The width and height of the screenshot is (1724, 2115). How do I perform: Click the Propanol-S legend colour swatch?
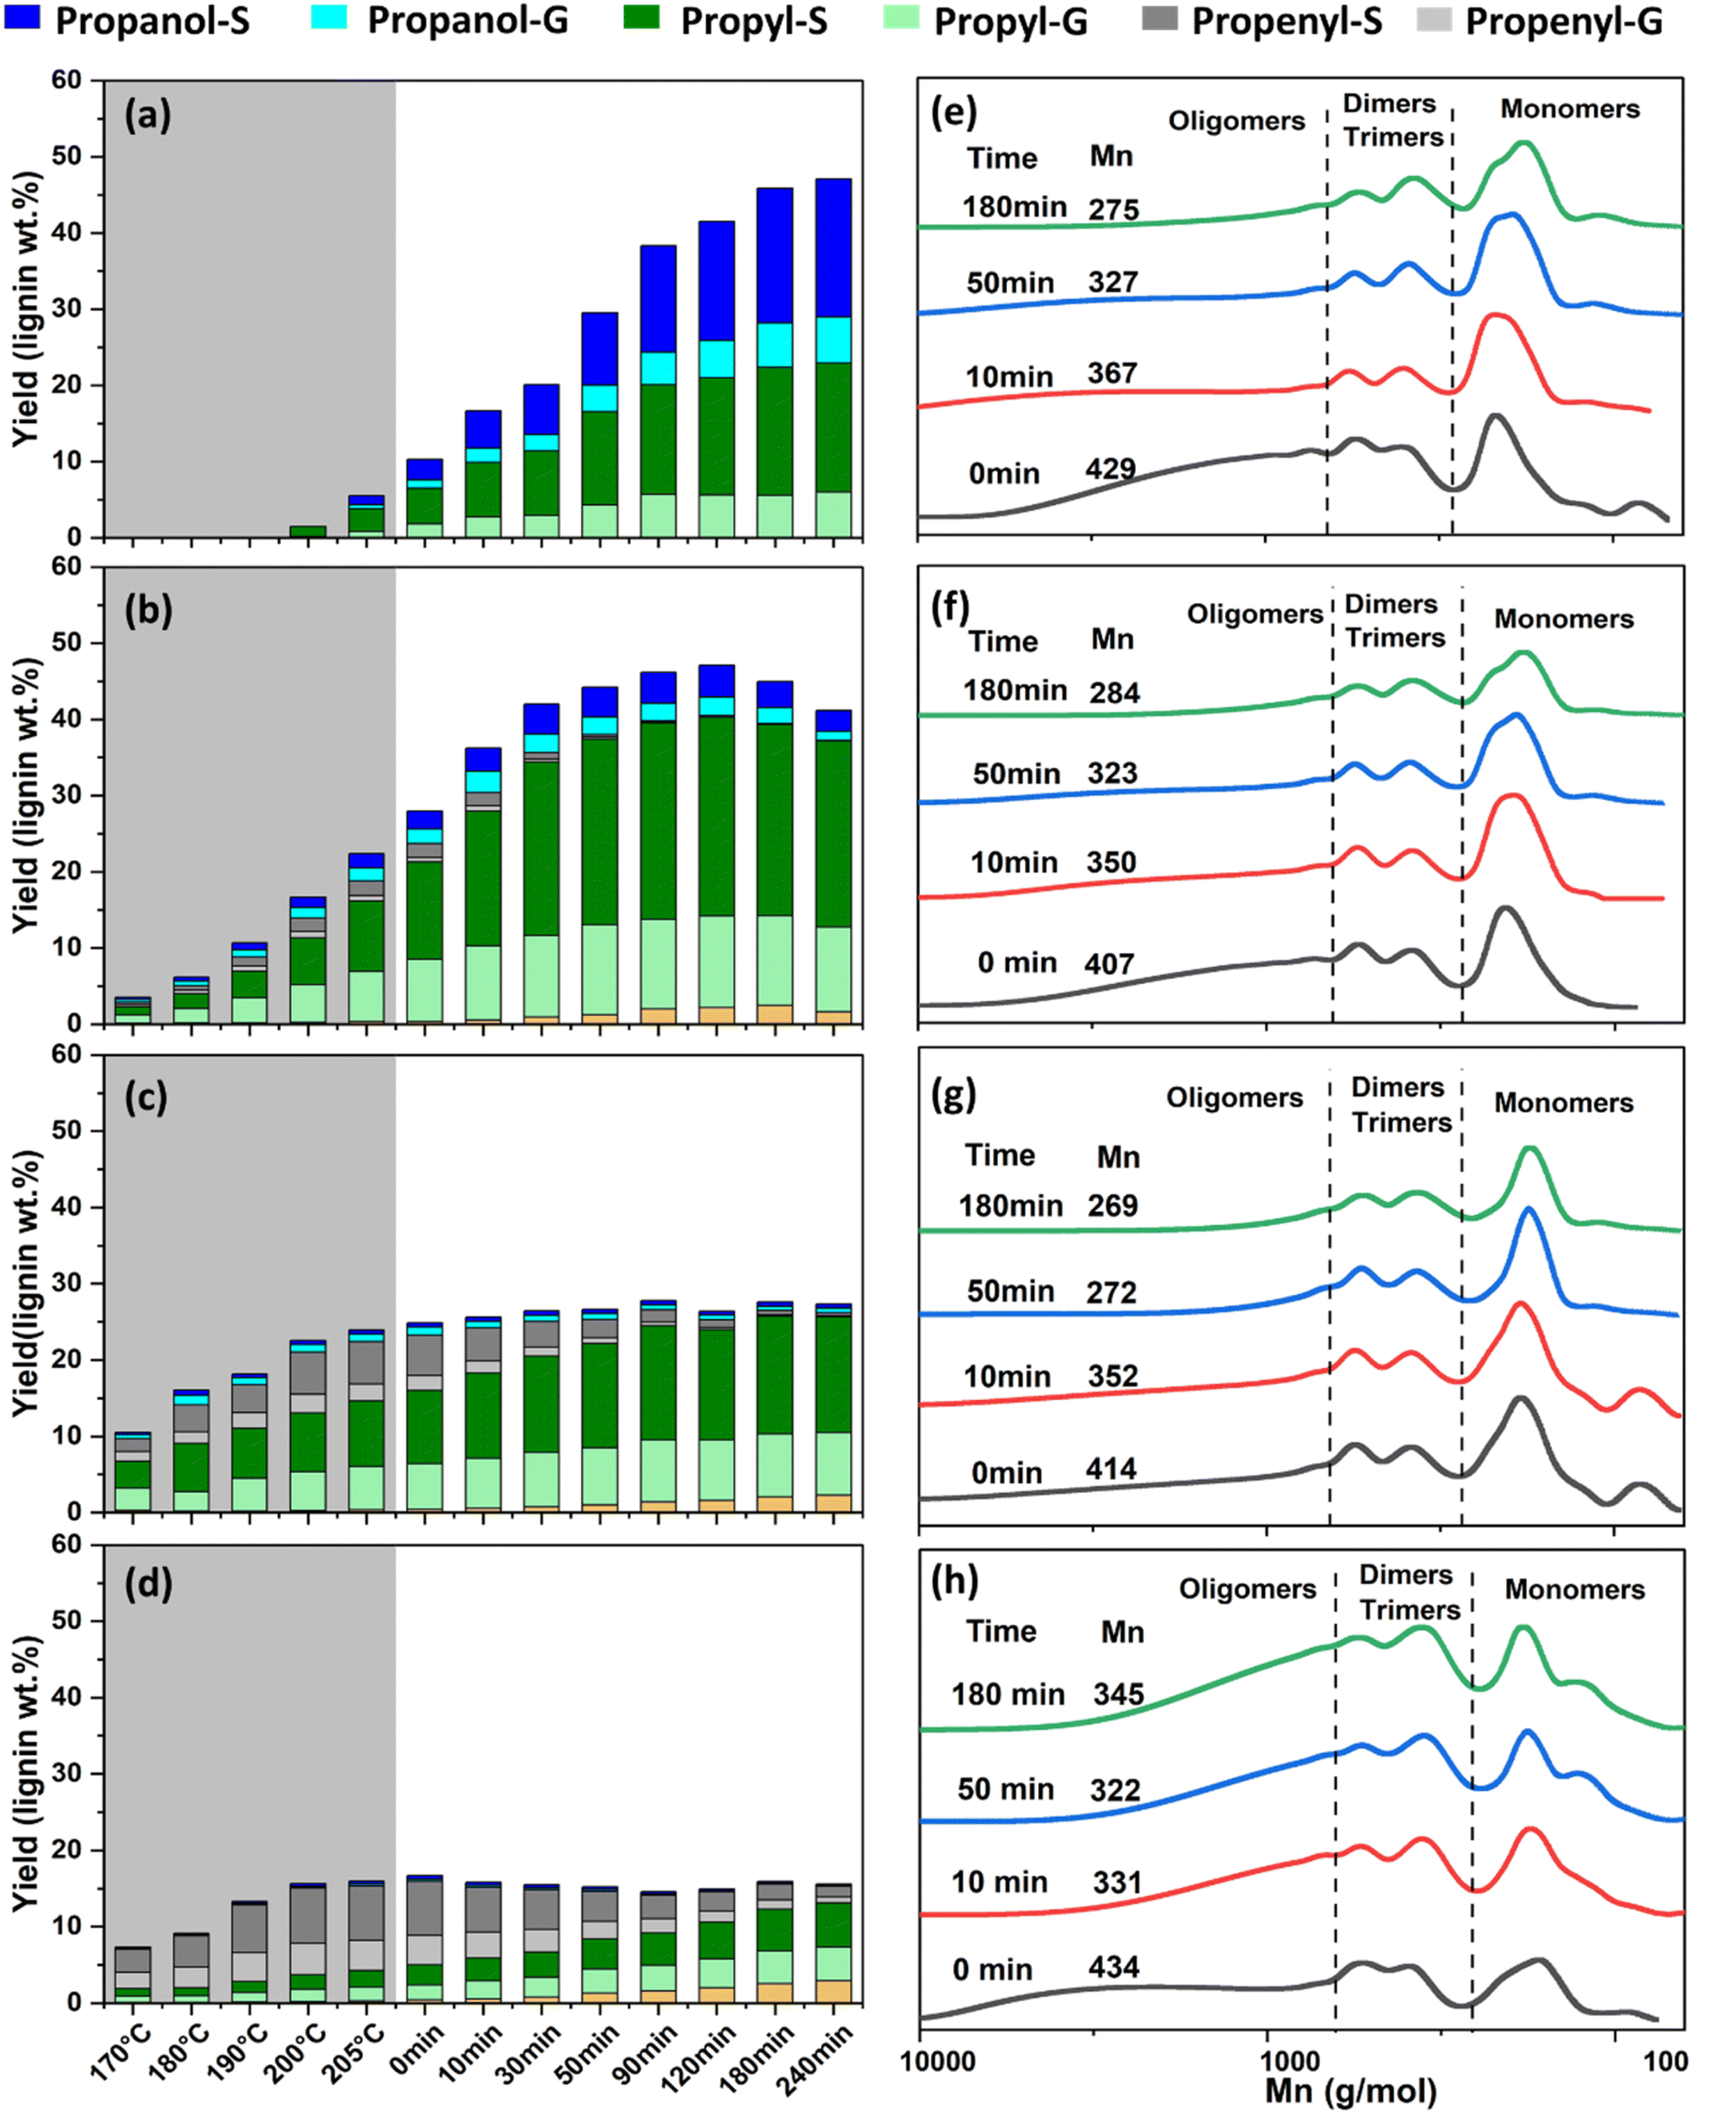pyautogui.click(x=22, y=18)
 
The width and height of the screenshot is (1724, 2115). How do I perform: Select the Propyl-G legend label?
pyautogui.click(x=1009, y=22)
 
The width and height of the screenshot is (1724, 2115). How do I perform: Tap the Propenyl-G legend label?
pyautogui.click(x=1563, y=22)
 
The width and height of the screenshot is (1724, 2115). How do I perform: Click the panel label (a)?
pyautogui.click(x=147, y=116)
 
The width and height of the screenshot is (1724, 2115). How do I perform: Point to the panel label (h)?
pyautogui.click(x=954, y=1579)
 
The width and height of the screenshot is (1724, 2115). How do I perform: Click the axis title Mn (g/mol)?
pyautogui.click(x=1351, y=2091)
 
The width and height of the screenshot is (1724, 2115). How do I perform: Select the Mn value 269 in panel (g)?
pyautogui.click(x=1111, y=1206)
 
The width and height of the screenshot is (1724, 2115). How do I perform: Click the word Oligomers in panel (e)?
pyautogui.click(x=1235, y=121)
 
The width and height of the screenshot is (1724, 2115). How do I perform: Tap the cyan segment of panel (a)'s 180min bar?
pyautogui.click(x=774, y=345)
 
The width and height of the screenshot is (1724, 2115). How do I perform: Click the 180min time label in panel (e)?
pyautogui.click(x=1014, y=206)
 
